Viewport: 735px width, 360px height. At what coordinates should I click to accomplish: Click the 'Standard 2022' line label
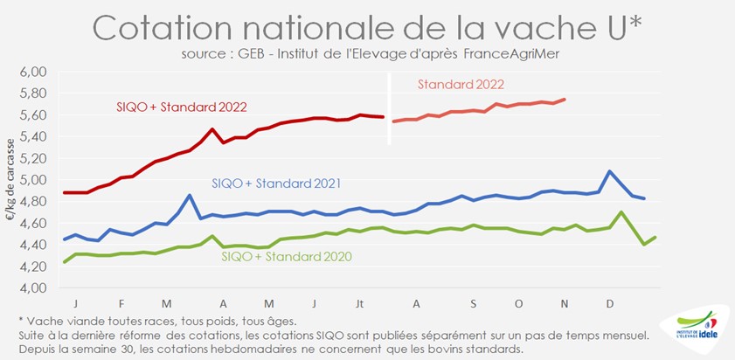click(461, 85)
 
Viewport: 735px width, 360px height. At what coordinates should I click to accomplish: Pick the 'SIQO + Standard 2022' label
click(182, 107)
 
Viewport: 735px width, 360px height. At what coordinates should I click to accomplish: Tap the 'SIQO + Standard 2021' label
click(275, 183)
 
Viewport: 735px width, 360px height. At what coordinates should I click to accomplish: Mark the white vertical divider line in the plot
click(389, 119)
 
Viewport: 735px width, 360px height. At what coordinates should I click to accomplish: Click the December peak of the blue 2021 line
click(609, 171)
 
